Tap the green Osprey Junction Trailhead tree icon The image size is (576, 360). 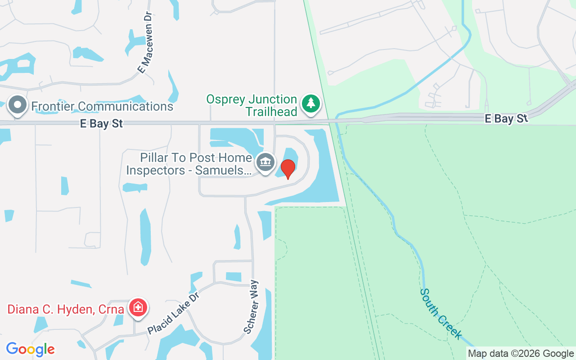click(310, 103)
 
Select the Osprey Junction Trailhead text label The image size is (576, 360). click(252, 105)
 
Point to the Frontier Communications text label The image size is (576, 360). click(102, 106)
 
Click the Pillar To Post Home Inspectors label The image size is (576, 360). click(189, 164)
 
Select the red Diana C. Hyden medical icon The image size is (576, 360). click(138, 308)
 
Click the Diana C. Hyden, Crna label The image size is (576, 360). click(66, 310)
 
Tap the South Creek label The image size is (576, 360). click(441, 314)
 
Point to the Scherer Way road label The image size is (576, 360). click(251, 307)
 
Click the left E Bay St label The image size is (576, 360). click(101, 124)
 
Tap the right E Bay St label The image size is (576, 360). click(506, 118)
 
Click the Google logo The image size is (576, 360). click(31, 349)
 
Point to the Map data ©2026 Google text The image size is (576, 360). click(521, 354)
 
